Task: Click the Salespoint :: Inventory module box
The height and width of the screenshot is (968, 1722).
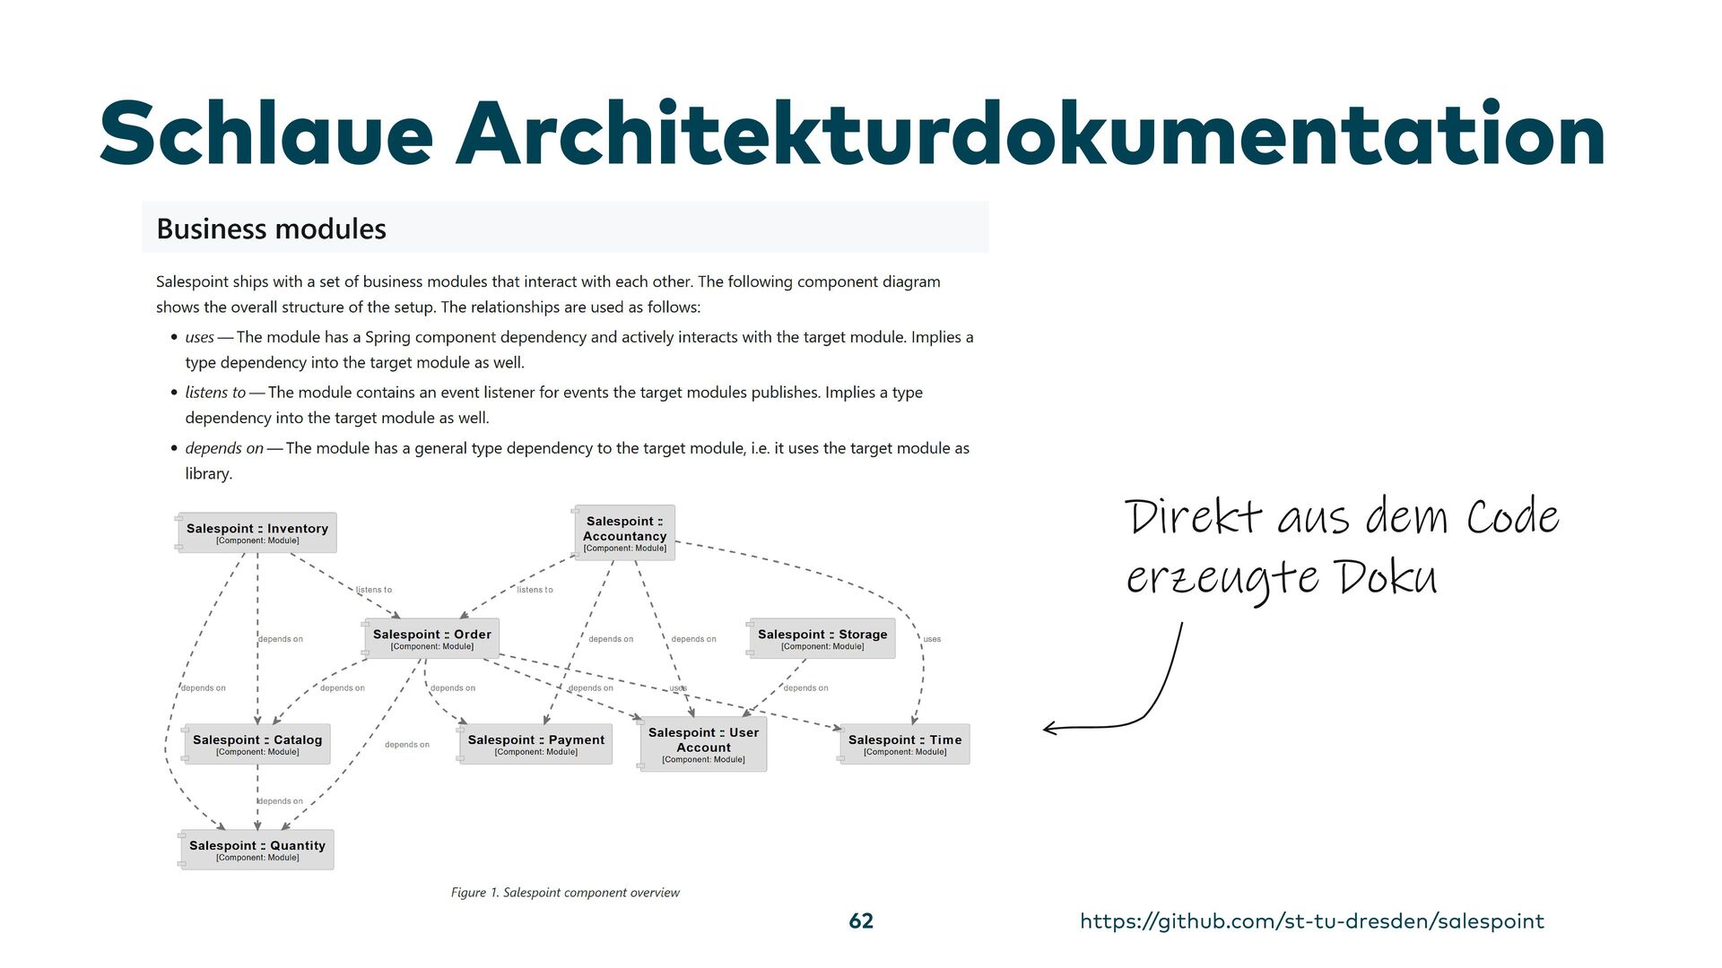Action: (x=257, y=533)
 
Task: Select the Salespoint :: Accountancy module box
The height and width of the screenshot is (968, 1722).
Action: (x=624, y=533)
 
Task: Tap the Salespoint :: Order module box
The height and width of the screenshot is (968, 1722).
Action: (x=431, y=639)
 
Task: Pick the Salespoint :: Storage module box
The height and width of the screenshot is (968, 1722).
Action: (x=822, y=639)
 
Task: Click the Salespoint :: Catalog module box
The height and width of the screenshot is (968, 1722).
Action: (x=257, y=744)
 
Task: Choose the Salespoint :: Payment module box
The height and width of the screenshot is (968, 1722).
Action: (x=535, y=744)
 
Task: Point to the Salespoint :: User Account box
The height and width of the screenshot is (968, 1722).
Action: (x=703, y=744)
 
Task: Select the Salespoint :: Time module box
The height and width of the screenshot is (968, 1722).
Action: (x=904, y=744)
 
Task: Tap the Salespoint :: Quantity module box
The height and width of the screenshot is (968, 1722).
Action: (x=257, y=850)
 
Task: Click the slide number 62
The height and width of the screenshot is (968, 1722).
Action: (x=861, y=921)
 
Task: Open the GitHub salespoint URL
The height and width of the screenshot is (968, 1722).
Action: (x=1312, y=921)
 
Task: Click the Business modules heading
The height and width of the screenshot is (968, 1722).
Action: (x=271, y=229)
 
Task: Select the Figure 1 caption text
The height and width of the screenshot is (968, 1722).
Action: (x=565, y=893)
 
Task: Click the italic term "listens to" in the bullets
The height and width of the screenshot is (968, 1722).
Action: (x=215, y=393)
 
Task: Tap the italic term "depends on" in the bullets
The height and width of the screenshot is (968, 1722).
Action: (x=224, y=448)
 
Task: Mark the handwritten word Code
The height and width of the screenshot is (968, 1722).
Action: (x=1512, y=518)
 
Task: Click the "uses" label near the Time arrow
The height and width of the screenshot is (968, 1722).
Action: (x=932, y=639)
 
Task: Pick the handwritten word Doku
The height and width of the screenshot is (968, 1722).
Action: (x=1387, y=578)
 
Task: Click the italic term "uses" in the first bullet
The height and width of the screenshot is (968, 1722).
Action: (x=199, y=337)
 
